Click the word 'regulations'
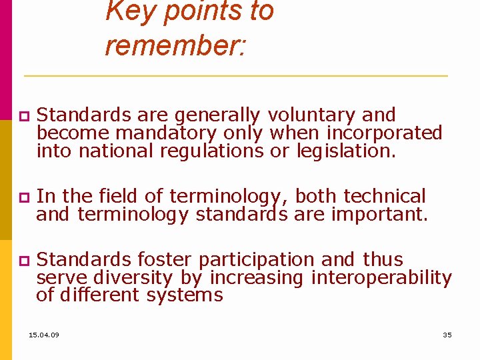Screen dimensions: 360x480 pyautogui.click(x=212, y=151)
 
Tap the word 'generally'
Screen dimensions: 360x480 pyautogui.click(x=214, y=115)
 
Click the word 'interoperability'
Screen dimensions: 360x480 pyautogui.click(x=381, y=277)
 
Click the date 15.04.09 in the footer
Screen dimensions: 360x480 pyautogui.click(x=44, y=335)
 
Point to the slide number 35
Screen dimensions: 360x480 pyautogui.click(x=447, y=335)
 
